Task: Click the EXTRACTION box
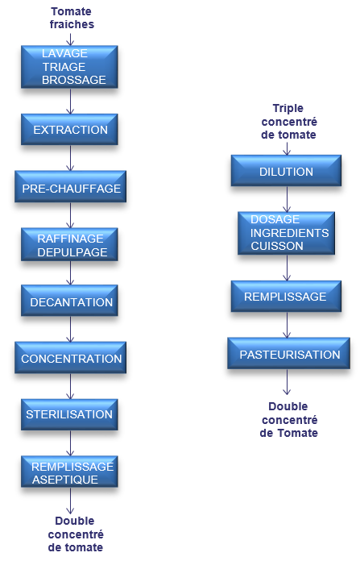(69, 130)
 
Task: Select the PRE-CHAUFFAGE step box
(70, 187)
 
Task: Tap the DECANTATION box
(69, 301)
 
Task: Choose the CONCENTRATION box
(70, 357)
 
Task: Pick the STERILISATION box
(69, 414)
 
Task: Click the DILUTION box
(286, 171)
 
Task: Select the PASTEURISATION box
(288, 354)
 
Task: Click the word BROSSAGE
(74, 80)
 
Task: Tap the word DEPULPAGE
(72, 252)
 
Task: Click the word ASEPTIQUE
(65, 480)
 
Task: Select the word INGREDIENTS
(290, 233)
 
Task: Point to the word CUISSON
(277, 246)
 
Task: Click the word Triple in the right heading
(288, 108)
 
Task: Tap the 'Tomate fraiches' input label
(72, 18)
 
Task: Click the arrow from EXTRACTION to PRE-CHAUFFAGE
(70, 158)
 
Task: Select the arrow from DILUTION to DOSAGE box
(287, 199)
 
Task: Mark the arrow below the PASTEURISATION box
(287, 382)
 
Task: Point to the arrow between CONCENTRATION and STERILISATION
(70, 386)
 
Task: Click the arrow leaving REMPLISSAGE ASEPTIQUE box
(70, 501)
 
